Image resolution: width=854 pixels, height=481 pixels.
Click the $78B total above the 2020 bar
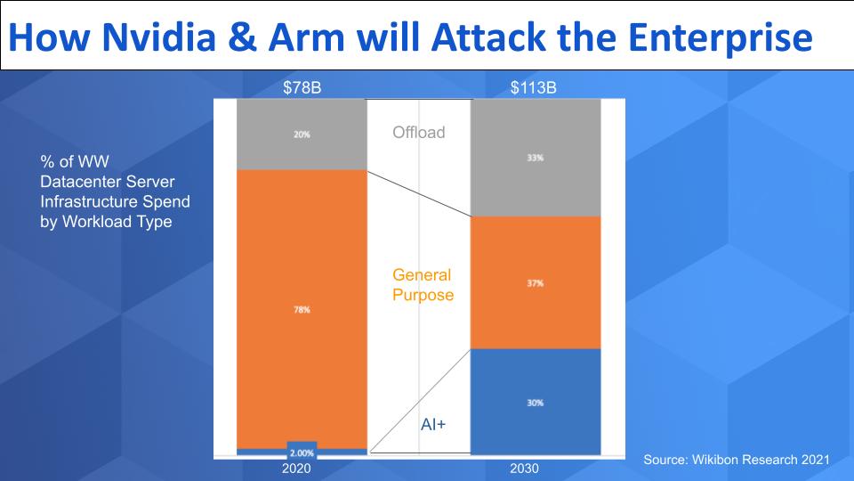(302, 87)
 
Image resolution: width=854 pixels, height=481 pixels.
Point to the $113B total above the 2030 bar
(534, 87)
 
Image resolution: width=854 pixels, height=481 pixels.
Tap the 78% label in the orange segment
(302, 310)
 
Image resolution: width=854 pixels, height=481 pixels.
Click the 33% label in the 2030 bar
(535, 157)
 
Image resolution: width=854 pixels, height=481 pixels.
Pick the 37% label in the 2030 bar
(535, 283)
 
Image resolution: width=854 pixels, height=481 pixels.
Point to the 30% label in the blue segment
(535, 403)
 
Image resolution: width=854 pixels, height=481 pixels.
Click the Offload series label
(419, 134)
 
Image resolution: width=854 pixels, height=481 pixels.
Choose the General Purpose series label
(423, 285)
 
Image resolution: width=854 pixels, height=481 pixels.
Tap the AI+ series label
(432, 426)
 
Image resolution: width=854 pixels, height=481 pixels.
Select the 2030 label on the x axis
(524, 468)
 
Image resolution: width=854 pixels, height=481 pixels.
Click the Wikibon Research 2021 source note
(736, 459)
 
